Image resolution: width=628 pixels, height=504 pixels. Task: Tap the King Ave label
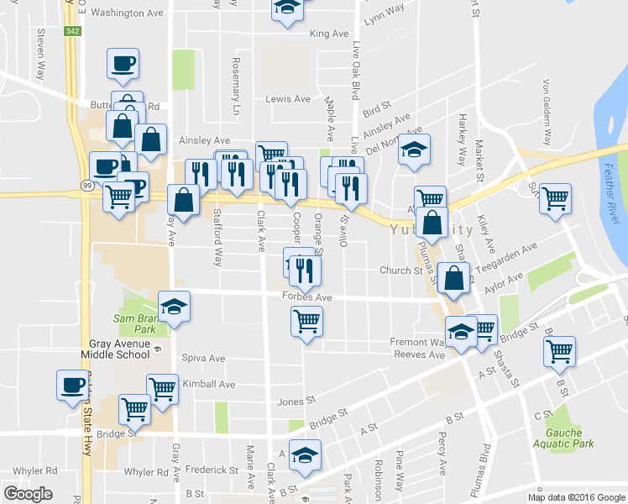tap(328, 34)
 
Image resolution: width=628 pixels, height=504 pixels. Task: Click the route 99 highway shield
tap(86, 192)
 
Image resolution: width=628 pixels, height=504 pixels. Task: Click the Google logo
tap(28, 494)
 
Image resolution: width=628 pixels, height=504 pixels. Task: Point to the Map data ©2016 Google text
tap(576, 497)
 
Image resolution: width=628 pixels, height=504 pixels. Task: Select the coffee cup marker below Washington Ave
tap(123, 63)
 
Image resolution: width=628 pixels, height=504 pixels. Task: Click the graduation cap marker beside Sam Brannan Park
tap(174, 307)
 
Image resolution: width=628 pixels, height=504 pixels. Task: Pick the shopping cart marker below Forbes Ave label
tap(306, 320)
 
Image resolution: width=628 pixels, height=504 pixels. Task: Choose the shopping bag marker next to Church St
tap(453, 278)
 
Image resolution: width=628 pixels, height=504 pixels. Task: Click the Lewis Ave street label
tap(288, 99)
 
